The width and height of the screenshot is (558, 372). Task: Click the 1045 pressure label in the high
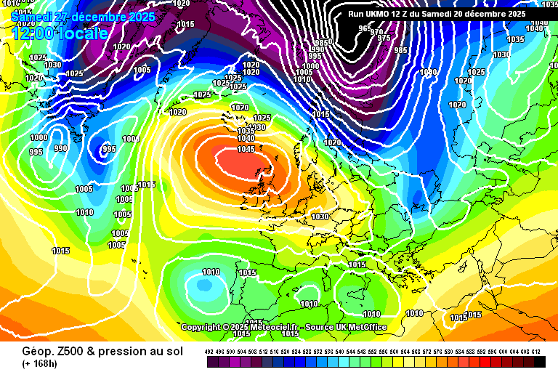(x=246, y=149)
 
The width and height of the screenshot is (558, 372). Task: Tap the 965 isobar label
(x=364, y=28)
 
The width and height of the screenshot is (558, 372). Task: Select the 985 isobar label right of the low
(x=400, y=50)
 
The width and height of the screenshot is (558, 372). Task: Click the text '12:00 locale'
(x=60, y=33)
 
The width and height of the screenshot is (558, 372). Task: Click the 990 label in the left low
(x=60, y=148)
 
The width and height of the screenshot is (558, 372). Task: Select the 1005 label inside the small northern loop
(x=142, y=70)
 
